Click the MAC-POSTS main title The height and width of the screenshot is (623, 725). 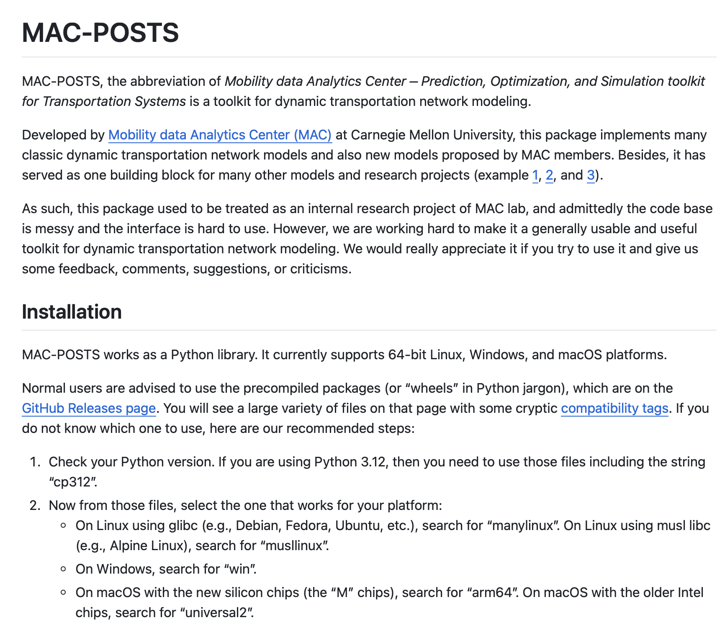tap(100, 33)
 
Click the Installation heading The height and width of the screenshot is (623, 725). tap(72, 312)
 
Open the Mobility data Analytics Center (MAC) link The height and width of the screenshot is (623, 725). tap(220, 135)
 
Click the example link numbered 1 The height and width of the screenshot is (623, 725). tap(535, 175)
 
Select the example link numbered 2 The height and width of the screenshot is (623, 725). tap(549, 175)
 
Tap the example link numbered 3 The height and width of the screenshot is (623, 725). tap(591, 175)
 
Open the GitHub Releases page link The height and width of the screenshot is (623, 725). tap(89, 408)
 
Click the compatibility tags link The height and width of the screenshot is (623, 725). tap(614, 408)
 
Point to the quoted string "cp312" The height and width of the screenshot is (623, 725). tap(73, 482)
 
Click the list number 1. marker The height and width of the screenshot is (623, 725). tap(35, 462)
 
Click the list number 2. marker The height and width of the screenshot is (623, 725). tap(35, 505)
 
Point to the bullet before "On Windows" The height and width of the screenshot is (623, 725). tap(64, 569)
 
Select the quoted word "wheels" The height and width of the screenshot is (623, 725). tap(432, 388)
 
